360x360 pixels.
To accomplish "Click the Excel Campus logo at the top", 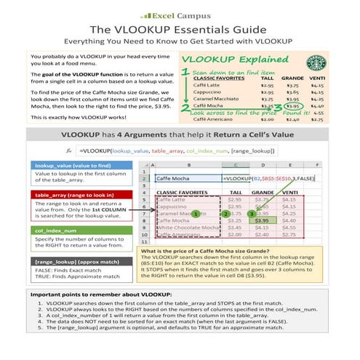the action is coord(179,13).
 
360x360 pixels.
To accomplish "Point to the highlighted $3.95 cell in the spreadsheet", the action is coord(263,219).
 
